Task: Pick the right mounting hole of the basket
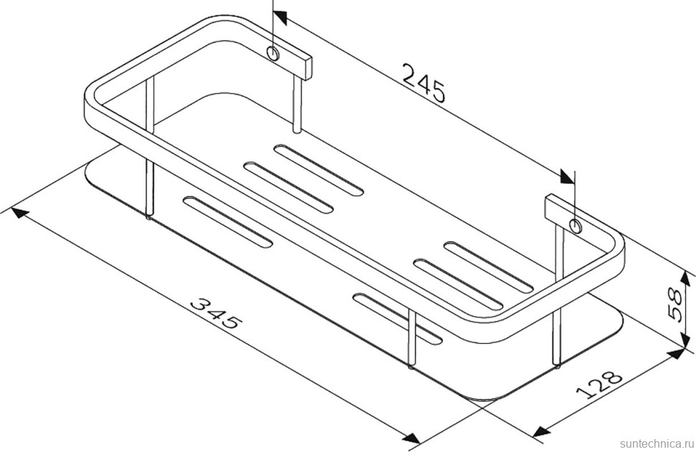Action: pos(575,227)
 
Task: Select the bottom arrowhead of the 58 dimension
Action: pos(674,351)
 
